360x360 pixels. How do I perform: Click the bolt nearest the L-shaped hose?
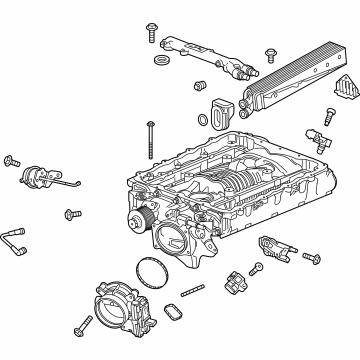tap(73, 213)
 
